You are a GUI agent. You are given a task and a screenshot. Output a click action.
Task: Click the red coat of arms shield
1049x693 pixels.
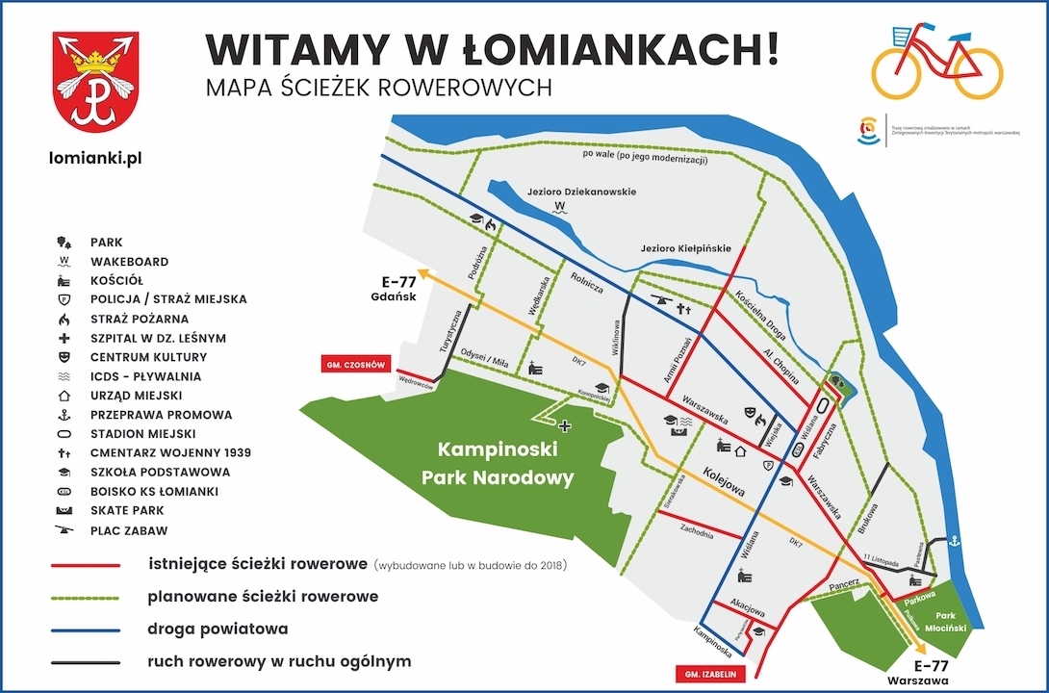pyautogui.click(x=95, y=82)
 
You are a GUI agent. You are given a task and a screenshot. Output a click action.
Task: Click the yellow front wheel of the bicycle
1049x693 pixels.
pyautogui.click(x=977, y=72)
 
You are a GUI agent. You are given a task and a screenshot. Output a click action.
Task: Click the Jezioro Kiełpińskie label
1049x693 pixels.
pyautogui.click(x=686, y=248)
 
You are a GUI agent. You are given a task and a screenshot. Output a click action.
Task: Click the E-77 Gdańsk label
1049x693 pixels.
pyautogui.click(x=397, y=289)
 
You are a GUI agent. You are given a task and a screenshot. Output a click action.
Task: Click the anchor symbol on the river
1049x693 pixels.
pyautogui.click(x=953, y=542)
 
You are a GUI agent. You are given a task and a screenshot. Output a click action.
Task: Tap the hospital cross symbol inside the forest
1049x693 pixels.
pyautogui.click(x=565, y=425)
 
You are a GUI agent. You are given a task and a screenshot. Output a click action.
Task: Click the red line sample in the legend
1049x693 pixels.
pyautogui.click(x=86, y=566)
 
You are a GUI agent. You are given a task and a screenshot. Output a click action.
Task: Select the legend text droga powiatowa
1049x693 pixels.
pyautogui.click(x=217, y=629)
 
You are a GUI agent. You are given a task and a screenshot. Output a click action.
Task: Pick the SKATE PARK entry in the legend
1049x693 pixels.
pyautogui.click(x=127, y=511)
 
